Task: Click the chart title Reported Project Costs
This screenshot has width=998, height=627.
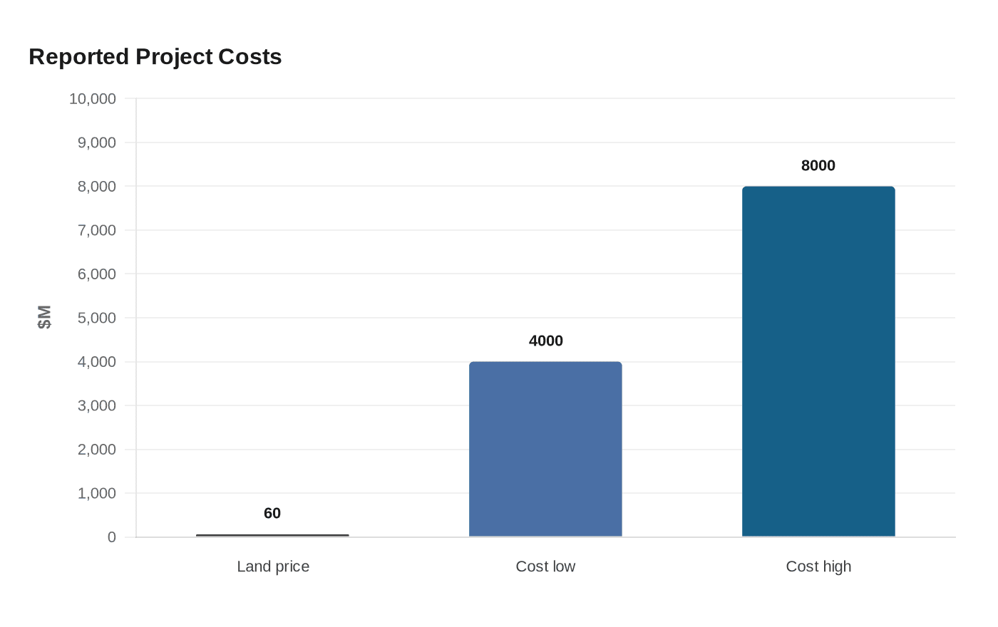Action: coord(155,57)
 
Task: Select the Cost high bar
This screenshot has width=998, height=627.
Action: coord(818,361)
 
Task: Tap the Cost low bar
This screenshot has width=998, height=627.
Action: coord(545,449)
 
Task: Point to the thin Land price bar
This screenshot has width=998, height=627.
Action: coord(272,535)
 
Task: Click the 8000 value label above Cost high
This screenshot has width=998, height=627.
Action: coord(818,165)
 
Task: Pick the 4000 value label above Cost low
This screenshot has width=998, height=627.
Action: coord(546,341)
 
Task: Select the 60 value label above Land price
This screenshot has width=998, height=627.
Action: coord(272,514)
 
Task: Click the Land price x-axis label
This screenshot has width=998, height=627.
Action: coord(273,566)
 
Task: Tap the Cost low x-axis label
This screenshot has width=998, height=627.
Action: coord(545,566)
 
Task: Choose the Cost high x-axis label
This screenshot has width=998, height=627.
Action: coord(818,566)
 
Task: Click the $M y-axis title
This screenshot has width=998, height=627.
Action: coord(44,317)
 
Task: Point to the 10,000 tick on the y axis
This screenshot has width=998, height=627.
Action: coord(92,99)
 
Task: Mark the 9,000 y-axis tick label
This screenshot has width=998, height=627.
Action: coord(97,143)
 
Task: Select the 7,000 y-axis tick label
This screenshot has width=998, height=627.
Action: coord(97,231)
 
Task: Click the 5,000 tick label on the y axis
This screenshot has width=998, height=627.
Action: coord(97,318)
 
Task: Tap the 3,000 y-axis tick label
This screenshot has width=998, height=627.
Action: coord(97,406)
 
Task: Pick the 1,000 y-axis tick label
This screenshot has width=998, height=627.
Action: coord(97,494)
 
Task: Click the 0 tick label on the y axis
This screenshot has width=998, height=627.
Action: coord(111,537)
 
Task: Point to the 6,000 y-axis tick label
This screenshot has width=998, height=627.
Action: coord(97,274)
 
